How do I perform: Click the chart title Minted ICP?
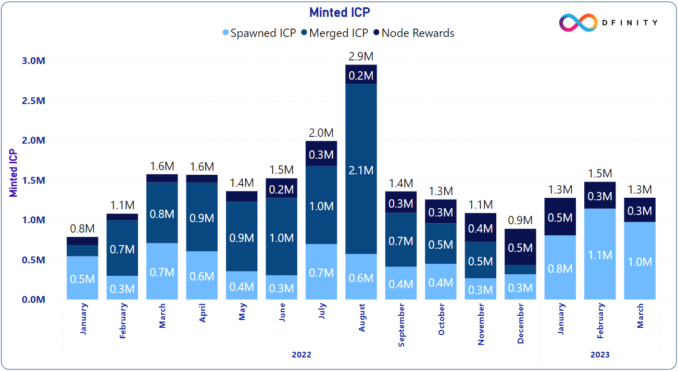(340, 12)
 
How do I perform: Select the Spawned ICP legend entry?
(259, 33)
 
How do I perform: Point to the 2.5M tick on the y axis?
(34, 100)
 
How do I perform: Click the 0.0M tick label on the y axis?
(34, 300)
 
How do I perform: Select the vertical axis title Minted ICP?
(14, 174)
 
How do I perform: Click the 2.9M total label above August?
(361, 56)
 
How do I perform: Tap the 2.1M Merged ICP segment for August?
(361, 170)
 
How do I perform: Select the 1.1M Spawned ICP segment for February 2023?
(600, 254)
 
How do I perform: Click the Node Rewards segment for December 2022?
(521, 247)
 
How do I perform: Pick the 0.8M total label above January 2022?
(82, 228)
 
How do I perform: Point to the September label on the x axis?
(401, 325)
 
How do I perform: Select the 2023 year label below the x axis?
(600, 355)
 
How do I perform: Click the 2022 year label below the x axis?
(302, 355)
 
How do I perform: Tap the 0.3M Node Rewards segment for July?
(321, 154)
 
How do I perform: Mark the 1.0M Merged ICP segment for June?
(282, 237)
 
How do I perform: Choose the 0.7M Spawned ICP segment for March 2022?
(162, 272)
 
